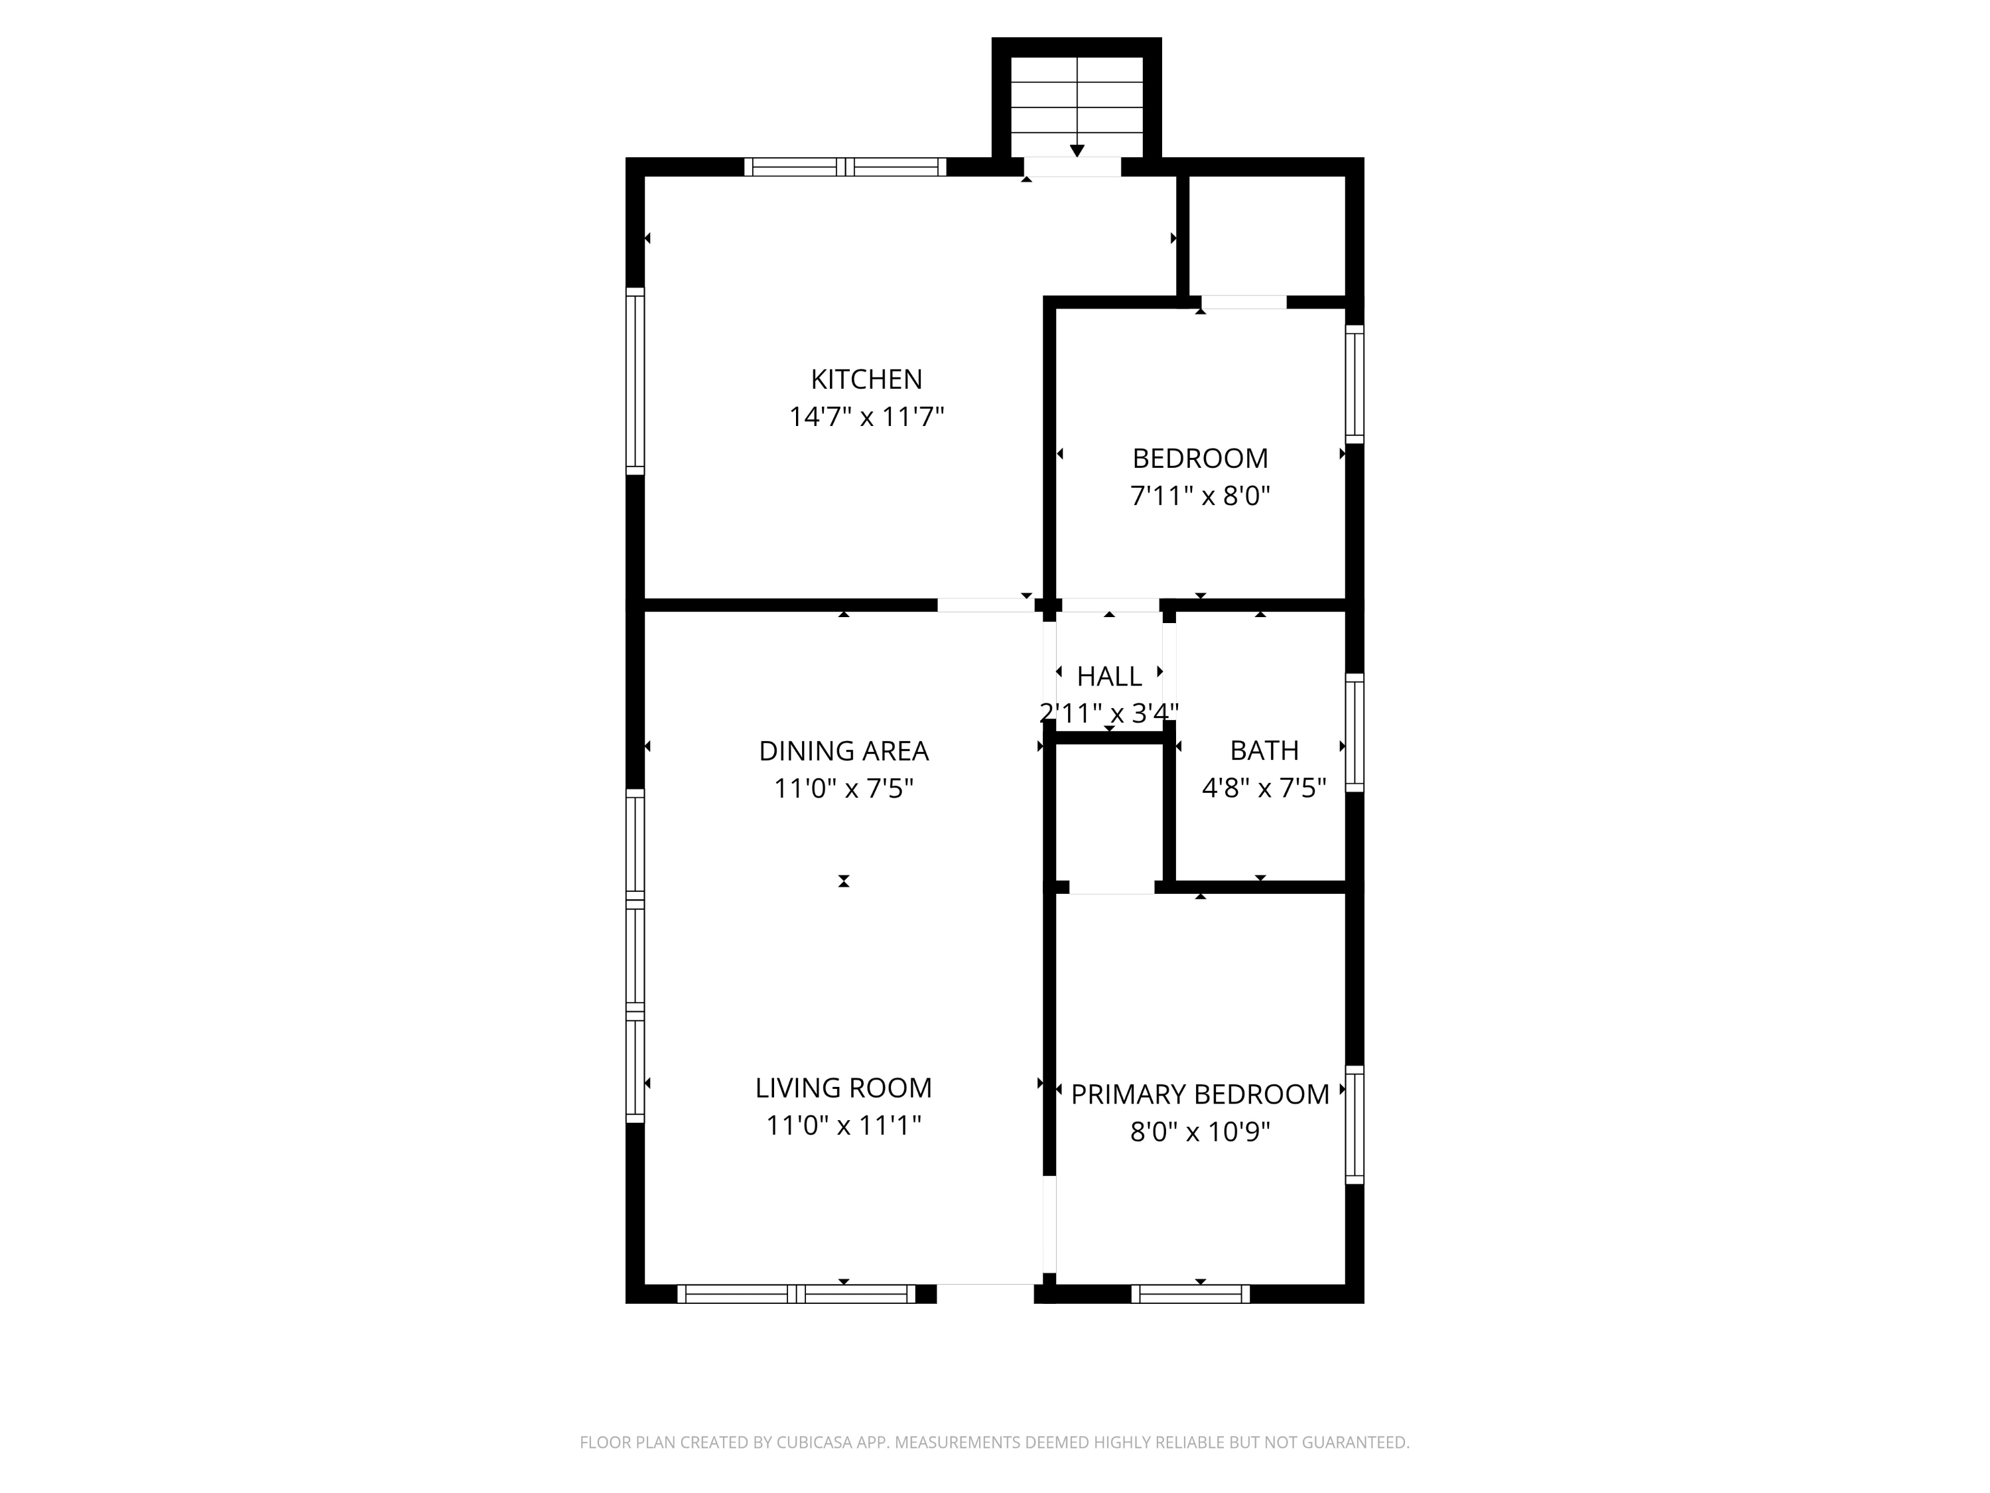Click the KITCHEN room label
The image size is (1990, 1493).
point(866,379)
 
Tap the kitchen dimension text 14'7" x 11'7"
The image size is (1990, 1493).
point(866,417)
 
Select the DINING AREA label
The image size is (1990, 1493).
point(844,750)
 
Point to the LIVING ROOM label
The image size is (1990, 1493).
point(844,1088)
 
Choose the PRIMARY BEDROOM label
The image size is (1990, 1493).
point(1200,1094)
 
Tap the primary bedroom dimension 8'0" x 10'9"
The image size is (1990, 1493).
point(1200,1131)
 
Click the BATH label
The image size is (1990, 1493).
point(1264,750)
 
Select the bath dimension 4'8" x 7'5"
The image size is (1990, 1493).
point(1264,788)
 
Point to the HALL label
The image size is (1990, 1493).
point(1109,676)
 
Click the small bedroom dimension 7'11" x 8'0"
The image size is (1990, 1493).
point(1200,496)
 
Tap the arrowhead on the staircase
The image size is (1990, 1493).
point(1077,150)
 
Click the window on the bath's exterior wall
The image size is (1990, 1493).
point(1354,733)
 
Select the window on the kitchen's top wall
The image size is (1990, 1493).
point(845,167)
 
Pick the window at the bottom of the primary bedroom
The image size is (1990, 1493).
point(1190,1294)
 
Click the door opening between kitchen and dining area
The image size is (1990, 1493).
point(986,604)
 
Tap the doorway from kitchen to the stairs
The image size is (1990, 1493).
point(1073,167)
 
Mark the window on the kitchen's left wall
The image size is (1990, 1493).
point(635,381)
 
